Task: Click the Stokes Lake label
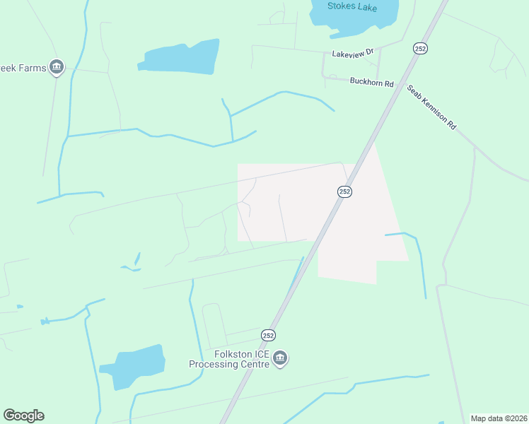pyautogui.click(x=352, y=6)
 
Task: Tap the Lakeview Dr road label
pyautogui.click(x=352, y=54)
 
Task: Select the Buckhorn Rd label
pyautogui.click(x=371, y=82)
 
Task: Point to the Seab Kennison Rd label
pyautogui.click(x=431, y=107)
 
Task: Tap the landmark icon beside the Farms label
pyautogui.click(x=57, y=68)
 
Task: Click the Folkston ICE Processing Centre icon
pyautogui.click(x=280, y=359)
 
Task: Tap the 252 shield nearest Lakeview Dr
pyautogui.click(x=421, y=47)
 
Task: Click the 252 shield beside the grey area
pyautogui.click(x=344, y=192)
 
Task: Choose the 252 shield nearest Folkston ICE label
pyautogui.click(x=268, y=335)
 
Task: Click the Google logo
pyautogui.click(x=23, y=416)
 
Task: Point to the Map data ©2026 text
pyautogui.click(x=499, y=418)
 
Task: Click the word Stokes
pyautogui.click(x=340, y=6)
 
